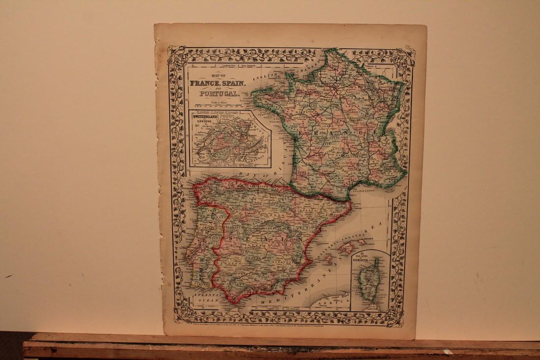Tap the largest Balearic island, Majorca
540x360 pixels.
click(x=347, y=248)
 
